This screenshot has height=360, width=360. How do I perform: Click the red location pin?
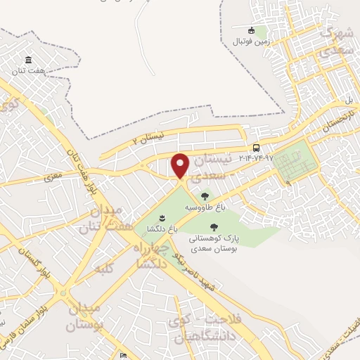coord(181,165)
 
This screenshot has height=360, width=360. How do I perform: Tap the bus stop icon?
coord(256,148)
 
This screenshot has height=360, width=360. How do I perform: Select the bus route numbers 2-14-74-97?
coord(256,157)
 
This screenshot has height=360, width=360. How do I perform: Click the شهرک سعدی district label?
coord(335,42)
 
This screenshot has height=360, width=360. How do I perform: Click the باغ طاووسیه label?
coord(205,208)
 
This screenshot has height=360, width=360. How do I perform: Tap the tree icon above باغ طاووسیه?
coord(205,197)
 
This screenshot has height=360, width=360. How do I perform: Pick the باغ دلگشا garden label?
coord(162,228)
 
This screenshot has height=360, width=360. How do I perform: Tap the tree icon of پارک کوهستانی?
coord(214,226)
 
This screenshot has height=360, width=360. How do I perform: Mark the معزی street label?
coord(53,177)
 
